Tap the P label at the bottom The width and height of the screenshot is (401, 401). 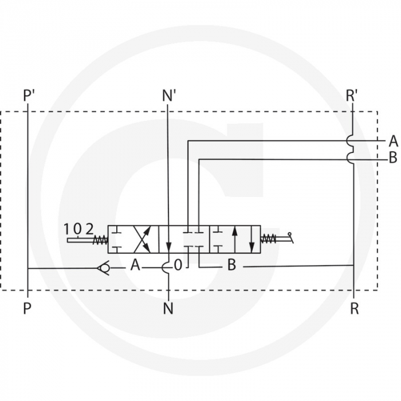[x=27, y=309]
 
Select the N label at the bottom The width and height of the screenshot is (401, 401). [x=168, y=309]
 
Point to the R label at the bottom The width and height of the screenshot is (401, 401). [x=355, y=309]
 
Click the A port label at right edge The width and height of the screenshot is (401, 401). [x=393, y=141]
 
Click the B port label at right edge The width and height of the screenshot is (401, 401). [x=393, y=159]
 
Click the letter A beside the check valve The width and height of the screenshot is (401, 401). [x=135, y=265]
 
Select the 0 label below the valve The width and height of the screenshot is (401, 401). [x=178, y=265]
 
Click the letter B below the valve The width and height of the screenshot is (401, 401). [x=231, y=265]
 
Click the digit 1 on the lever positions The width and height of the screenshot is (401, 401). [x=68, y=229]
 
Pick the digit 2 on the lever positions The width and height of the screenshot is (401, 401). [x=89, y=229]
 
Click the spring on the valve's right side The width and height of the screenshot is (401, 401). [x=268, y=239]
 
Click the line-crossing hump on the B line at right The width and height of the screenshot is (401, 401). [x=351, y=159]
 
